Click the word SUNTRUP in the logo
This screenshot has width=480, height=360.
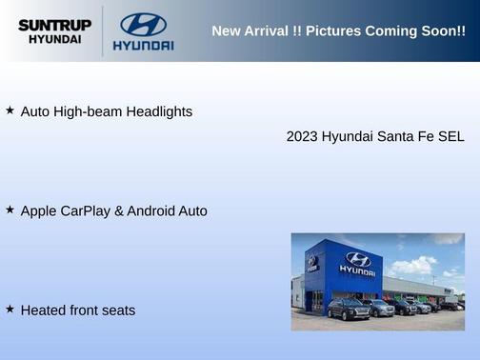coord(54,25)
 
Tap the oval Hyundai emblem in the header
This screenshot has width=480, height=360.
coord(143,25)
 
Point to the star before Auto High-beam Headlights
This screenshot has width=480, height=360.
coord(10,110)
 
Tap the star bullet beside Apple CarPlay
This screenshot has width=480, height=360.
coord(10,210)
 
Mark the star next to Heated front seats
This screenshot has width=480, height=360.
coord(10,309)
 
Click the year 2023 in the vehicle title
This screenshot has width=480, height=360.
coord(302,136)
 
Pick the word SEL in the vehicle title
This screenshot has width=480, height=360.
coord(450,136)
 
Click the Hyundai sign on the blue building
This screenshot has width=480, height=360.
coord(357,263)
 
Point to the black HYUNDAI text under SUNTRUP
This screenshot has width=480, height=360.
coord(54,40)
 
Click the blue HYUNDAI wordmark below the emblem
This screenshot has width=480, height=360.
coord(143,45)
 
